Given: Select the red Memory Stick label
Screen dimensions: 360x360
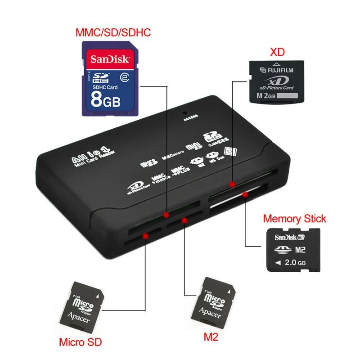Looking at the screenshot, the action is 294,219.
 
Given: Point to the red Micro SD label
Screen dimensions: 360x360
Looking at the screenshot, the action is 81,342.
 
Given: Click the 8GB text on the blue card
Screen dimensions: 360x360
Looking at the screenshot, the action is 106,99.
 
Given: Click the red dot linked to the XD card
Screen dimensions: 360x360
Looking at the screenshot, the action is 232,184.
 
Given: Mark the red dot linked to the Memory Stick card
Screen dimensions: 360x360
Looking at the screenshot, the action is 245,195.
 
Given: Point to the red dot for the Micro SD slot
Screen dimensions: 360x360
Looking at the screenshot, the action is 145,236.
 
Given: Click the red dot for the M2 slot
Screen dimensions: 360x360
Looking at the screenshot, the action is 184,220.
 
